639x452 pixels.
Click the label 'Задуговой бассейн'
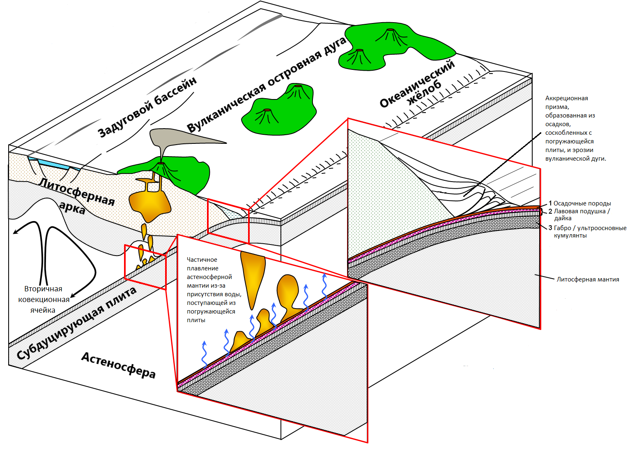tap(147, 107)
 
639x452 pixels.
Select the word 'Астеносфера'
tap(118, 365)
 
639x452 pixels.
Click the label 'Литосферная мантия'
tap(588, 279)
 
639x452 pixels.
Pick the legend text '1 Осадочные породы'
tap(579, 203)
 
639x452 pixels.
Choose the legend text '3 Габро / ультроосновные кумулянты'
tap(587, 232)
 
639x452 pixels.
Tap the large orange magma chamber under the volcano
tap(149, 203)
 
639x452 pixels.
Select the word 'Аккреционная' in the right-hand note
tap(566, 98)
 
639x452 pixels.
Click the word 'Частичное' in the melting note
tap(202, 260)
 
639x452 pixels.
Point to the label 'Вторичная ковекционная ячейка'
tap(43, 300)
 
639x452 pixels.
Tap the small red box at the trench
tap(228, 221)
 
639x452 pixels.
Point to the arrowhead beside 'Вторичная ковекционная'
tap(73, 295)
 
